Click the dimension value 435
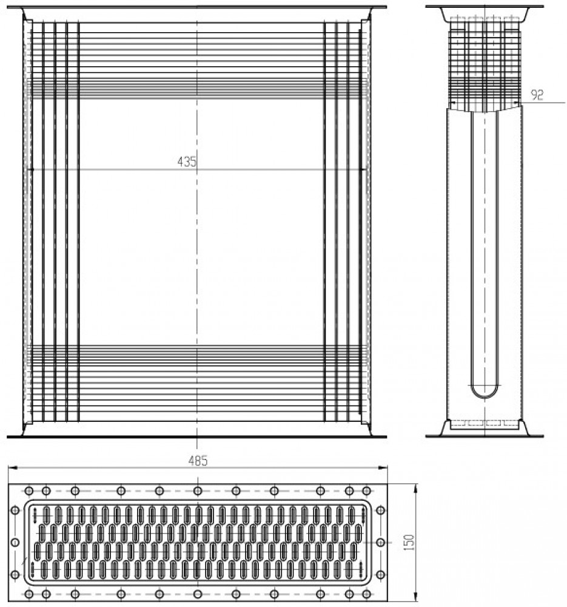click(187, 161)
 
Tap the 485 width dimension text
click(198, 461)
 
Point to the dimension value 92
click(537, 95)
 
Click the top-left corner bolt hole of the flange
click(29, 491)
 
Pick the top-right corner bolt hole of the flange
click(367, 491)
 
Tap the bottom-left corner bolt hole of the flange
click(29, 594)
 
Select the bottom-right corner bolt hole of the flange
click(367, 594)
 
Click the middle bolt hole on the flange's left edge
click(15, 542)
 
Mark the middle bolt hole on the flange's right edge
click(381, 542)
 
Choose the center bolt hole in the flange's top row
click(198, 491)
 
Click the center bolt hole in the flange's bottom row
click(198, 594)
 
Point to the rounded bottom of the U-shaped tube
click(485, 396)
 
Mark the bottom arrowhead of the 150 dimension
click(416, 598)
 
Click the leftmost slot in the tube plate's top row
click(47, 515)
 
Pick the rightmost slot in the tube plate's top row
click(352, 515)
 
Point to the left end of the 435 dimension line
click(31, 169)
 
